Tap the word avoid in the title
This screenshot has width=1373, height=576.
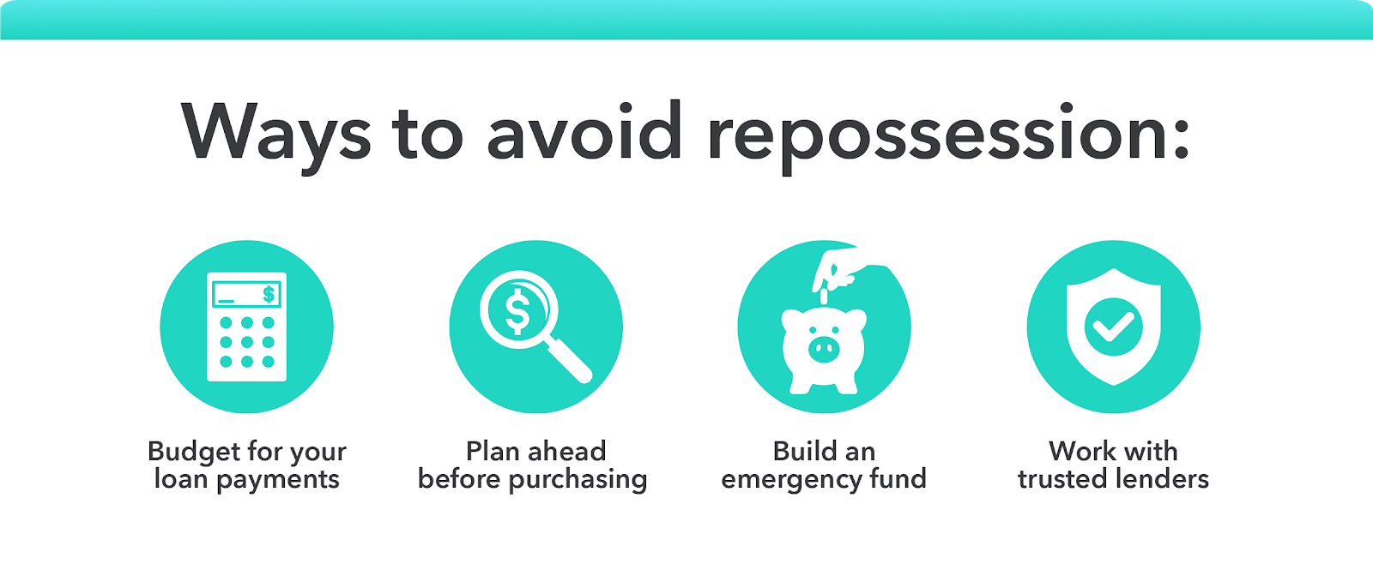(x=584, y=133)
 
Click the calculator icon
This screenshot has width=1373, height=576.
(x=247, y=327)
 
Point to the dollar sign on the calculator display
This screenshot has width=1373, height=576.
(x=269, y=295)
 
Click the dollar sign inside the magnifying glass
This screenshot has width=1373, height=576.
(x=517, y=310)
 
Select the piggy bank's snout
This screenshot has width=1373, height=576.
(x=823, y=347)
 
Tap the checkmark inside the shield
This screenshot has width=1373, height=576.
(x=1113, y=327)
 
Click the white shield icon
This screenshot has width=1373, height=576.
(x=1113, y=327)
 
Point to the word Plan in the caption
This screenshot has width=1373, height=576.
(x=493, y=451)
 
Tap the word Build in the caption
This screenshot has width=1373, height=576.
(x=805, y=451)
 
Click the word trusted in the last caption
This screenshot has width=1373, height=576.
(x=1066, y=479)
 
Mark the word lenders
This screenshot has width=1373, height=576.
(x=1165, y=479)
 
